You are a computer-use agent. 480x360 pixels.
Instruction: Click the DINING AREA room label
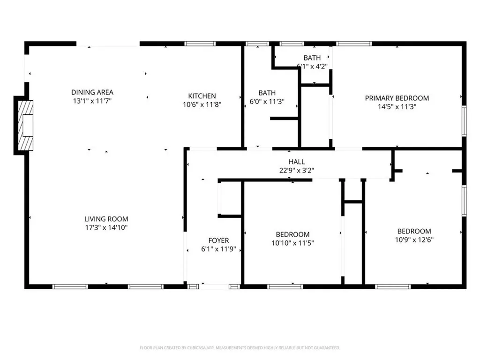point(92,92)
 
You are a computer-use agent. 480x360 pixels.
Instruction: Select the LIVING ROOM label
point(106,219)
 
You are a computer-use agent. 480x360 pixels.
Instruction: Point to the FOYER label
point(218,241)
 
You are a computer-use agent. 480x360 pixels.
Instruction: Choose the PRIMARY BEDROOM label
point(397,98)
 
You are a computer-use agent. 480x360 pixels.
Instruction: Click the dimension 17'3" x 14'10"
point(106,228)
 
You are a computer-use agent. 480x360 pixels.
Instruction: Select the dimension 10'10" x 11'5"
point(292,243)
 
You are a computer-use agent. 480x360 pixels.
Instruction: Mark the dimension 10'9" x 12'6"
point(414,240)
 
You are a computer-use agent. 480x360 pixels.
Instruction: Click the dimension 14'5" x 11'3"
point(397,106)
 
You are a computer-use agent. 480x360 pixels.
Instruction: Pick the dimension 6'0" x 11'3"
point(267,101)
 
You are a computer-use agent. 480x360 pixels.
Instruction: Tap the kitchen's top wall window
point(200,44)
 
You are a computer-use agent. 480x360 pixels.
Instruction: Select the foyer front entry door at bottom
point(215,285)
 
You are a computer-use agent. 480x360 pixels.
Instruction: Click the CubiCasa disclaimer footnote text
point(240,348)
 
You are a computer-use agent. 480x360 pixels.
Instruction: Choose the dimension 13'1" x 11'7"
point(92,101)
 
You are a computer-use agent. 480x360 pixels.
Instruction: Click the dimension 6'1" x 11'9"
point(218,249)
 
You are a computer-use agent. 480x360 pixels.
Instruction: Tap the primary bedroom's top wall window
point(354,44)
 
